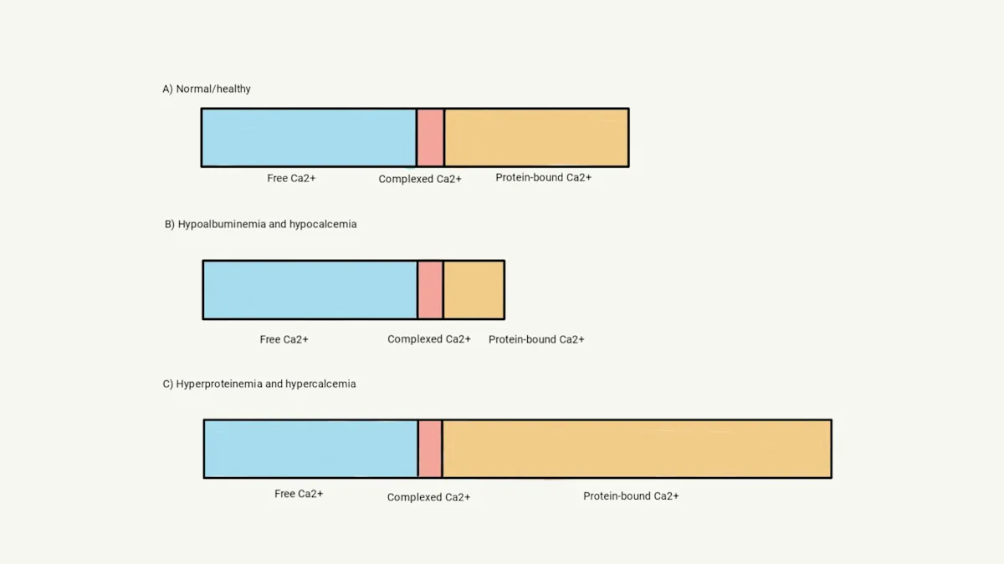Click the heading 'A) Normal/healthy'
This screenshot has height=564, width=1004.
tap(207, 89)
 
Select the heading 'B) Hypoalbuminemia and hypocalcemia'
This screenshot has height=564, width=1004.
tap(260, 224)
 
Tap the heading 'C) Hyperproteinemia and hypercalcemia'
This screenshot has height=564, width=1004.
tap(259, 384)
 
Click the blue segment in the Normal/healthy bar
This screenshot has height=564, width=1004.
tap(309, 137)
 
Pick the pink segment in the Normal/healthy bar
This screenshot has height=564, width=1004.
tap(430, 137)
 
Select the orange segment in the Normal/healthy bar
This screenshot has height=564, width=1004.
tap(536, 137)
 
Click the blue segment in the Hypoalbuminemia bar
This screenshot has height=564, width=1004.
tap(310, 289)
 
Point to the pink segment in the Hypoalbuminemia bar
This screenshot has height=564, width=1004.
tap(430, 289)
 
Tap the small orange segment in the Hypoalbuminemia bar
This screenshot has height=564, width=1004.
tap(474, 289)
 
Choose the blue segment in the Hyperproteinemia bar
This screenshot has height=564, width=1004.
tap(310, 449)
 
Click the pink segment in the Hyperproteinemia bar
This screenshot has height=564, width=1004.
tap(430, 449)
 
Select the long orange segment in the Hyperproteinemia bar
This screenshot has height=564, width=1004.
tap(637, 449)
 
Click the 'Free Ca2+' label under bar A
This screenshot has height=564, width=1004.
tap(291, 178)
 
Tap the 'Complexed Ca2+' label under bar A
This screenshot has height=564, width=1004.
tap(420, 179)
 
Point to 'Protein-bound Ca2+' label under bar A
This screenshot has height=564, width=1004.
tap(543, 177)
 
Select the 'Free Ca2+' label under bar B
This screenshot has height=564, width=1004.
tap(284, 339)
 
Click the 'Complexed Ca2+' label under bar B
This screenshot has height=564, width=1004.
tap(429, 339)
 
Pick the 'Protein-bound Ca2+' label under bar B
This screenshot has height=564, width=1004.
tap(536, 339)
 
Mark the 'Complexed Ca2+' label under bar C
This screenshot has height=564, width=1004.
tap(428, 497)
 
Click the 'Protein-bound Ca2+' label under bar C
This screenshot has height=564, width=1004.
tap(631, 495)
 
